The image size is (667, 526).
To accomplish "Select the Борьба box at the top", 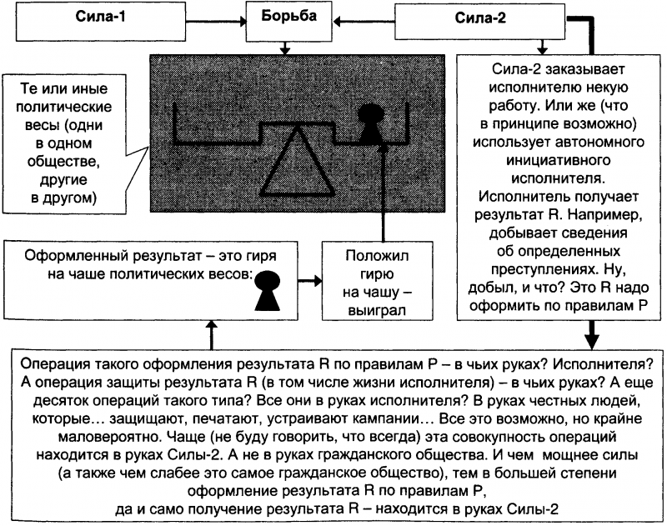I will pyautogui.click(x=285, y=18).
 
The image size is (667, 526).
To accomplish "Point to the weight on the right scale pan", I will pyautogui.click(x=370, y=125).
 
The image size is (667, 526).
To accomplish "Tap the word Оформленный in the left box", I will pyautogui.click(x=69, y=254).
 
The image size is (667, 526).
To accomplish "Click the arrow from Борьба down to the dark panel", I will pyautogui.click(x=285, y=47).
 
